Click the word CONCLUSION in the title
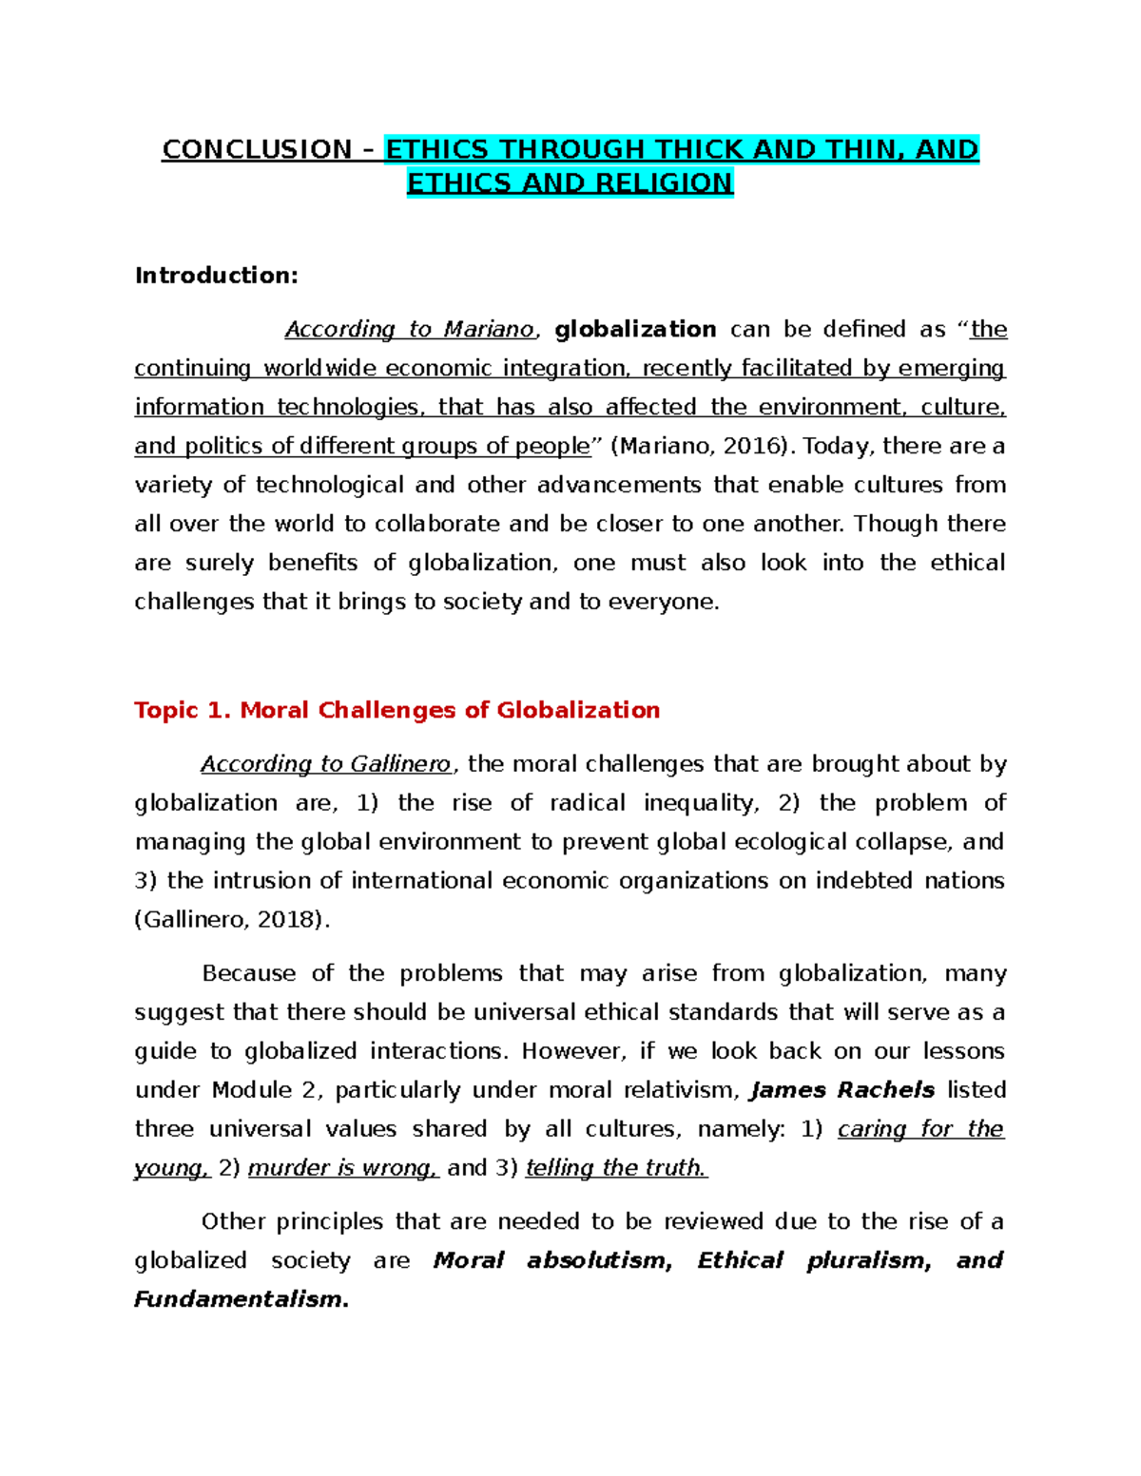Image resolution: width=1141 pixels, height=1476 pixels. (x=257, y=149)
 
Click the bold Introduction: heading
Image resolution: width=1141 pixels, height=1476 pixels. (x=216, y=276)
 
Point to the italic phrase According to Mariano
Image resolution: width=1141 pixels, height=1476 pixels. (x=410, y=329)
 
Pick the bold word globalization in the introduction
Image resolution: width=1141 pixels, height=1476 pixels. (x=635, y=329)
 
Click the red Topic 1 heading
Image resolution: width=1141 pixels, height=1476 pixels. (x=396, y=710)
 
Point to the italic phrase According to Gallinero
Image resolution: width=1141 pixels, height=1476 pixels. (x=325, y=764)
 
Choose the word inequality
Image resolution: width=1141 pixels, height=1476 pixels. (x=701, y=803)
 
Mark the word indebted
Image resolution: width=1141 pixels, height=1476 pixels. (x=863, y=881)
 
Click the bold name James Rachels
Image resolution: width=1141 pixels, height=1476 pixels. (x=842, y=1090)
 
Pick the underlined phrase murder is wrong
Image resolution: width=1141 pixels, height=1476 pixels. (x=342, y=1168)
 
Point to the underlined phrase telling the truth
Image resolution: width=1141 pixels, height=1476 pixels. (x=616, y=1168)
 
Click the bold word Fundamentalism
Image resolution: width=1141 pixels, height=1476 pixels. (x=241, y=1299)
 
